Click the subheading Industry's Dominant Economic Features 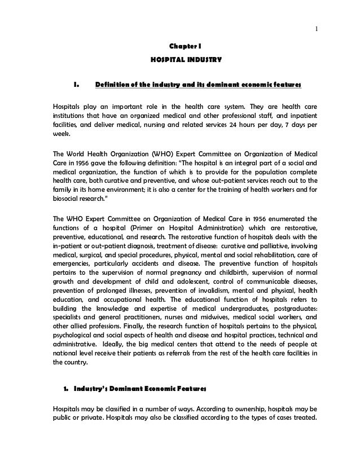[x=135, y=389]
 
